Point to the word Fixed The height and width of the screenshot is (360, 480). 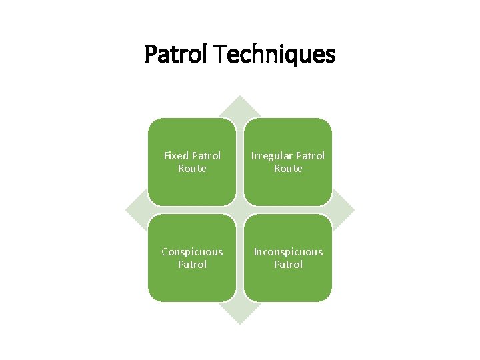[x=176, y=155]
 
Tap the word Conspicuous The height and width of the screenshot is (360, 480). [x=192, y=251]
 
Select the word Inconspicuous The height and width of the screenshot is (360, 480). [x=288, y=251]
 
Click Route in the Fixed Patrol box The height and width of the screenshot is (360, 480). [x=192, y=169]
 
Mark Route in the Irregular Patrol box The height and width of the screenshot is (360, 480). [x=288, y=169]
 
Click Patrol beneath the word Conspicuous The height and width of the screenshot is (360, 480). [x=192, y=264]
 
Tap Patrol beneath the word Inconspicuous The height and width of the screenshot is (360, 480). [x=288, y=264]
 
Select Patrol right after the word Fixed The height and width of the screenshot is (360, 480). [x=206, y=155]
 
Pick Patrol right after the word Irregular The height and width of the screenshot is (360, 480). [x=310, y=155]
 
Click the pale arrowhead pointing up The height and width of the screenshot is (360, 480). [x=240, y=107]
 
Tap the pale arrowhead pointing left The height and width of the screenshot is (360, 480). [x=136, y=210]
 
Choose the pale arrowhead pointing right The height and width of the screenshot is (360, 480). [x=344, y=210]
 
